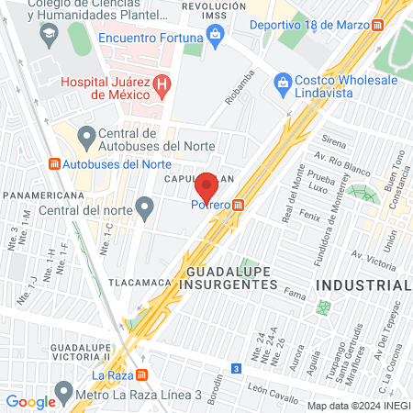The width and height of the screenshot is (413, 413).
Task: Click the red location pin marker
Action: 206,187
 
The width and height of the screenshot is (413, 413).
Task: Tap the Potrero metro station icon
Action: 239,205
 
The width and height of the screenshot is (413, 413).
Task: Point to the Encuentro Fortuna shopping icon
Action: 216,37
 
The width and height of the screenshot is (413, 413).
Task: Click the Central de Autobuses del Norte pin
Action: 86,139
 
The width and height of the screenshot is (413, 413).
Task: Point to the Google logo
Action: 29,402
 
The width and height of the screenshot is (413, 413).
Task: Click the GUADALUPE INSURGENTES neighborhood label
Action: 232,278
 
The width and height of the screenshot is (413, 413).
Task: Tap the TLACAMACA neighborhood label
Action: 140,283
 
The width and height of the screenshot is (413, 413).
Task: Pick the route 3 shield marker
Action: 237,368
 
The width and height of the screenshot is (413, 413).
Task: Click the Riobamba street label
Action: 237,91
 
